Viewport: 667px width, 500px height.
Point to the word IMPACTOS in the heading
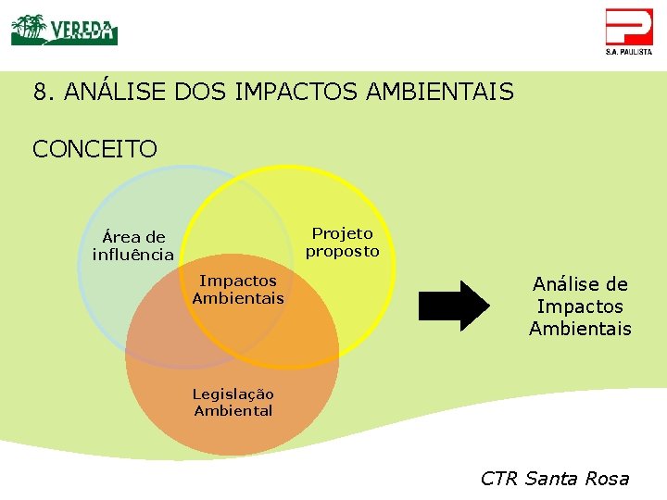[x=297, y=92]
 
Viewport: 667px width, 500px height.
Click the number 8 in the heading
[x=40, y=92]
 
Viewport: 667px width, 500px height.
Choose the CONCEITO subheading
[x=94, y=148]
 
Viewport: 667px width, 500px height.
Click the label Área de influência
[x=133, y=245]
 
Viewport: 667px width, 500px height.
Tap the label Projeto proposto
[x=342, y=243]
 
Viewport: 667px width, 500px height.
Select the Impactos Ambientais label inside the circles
[x=238, y=289]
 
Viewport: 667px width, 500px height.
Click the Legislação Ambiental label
[x=233, y=402]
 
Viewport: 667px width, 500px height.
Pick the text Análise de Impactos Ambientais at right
[x=580, y=306]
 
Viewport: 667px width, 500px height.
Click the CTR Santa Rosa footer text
[x=554, y=479]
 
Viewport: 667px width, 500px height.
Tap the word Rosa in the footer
[x=608, y=479]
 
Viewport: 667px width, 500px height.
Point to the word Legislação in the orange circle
[x=233, y=394]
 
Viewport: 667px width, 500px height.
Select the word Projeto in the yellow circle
[x=342, y=233]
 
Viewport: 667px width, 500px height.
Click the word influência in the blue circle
[x=133, y=255]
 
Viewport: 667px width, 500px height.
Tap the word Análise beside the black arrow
[x=580, y=284]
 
